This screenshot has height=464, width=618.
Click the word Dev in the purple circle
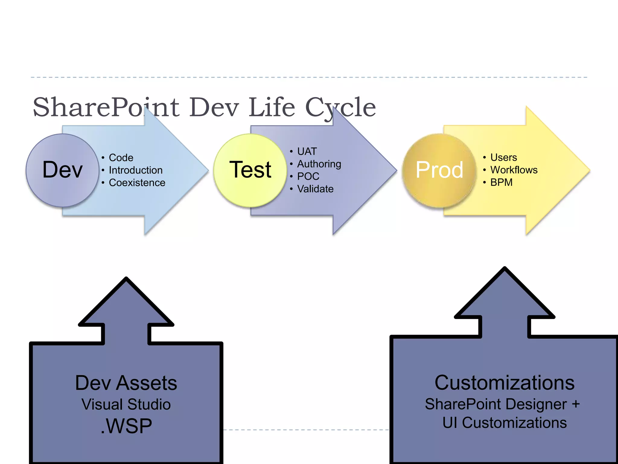(x=62, y=170)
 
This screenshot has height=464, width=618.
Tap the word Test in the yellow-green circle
(x=250, y=170)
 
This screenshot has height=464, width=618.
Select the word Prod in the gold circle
(x=439, y=170)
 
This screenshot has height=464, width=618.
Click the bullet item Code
(x=121, y=158)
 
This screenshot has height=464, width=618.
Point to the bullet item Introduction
(x=135, y=170)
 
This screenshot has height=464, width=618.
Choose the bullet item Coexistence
(x=137, y=183)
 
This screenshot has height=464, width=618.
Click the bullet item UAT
(x=307, y=151)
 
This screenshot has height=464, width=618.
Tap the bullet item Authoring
(x=319, y=164)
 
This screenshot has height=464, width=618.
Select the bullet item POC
(x=308, y=176)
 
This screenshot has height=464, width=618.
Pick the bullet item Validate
(x=315, y=189)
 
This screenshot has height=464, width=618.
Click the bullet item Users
(x=503, y=157)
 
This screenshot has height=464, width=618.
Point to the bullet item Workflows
(x=514, y=170)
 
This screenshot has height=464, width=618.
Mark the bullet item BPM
(x=501, y=182)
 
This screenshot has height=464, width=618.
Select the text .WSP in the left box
(x=126, y=426)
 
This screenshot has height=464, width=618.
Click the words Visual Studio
(x=126, y=404)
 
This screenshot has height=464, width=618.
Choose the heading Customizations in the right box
(x=504, y=383)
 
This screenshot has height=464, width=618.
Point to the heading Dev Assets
(x=126, y=383)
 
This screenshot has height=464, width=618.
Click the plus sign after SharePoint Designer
(x=576, y=404)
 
